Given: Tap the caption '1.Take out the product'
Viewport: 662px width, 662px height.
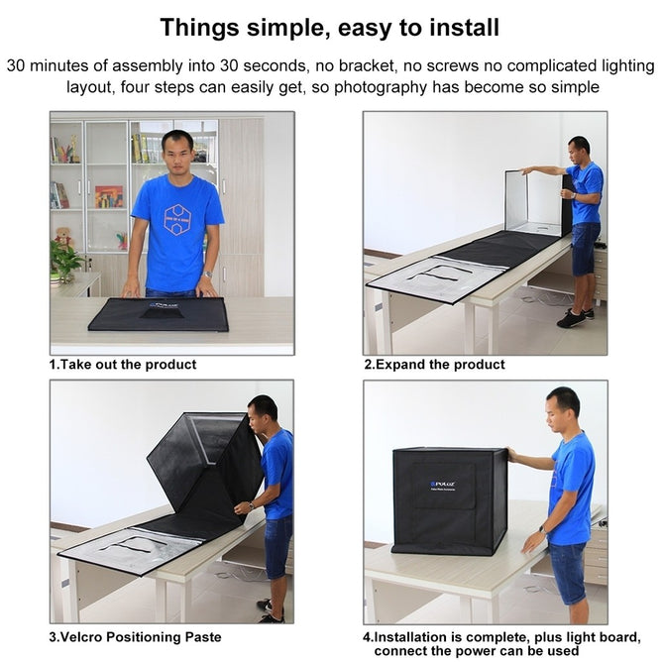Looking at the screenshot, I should tap(123, 365).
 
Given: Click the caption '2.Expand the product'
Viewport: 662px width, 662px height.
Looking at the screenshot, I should tap(434, 365).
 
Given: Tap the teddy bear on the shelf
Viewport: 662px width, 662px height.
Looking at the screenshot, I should tap(64, 238).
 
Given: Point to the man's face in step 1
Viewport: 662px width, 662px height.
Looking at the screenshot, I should tap(177, 155).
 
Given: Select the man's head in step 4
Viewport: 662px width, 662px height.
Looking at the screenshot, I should tap(563, 406).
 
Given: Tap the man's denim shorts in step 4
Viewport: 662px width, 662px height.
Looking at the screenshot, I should tap(567, 569).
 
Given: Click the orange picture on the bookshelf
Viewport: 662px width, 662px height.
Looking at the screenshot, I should tap(109, 196).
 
